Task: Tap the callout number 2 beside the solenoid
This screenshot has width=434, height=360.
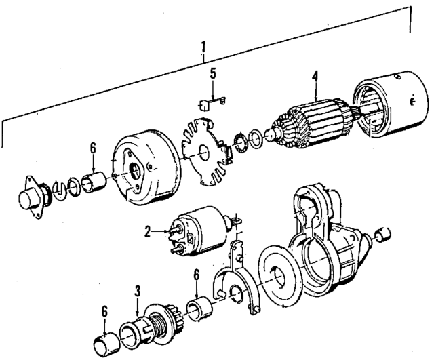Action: pos(146,231)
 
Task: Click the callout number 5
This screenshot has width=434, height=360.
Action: pos(212,74)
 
